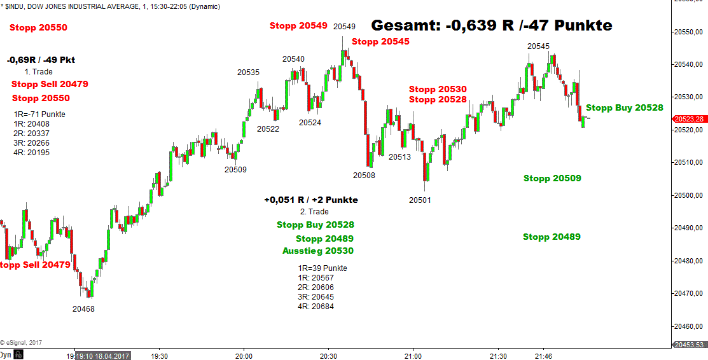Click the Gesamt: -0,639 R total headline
click(x=491, y=25)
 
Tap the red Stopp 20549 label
click(x=298, y=26)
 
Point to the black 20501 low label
click(x=420, y=200)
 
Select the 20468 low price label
click(x=83, y=309)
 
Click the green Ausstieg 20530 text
click(x=317, y=251)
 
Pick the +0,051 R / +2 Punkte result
click(x=311, y=200)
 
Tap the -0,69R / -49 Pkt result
click(x=41, y=60)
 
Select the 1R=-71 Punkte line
click(x=39, y=114)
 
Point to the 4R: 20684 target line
click(x=316, y=307)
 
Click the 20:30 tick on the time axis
click(x=328, y=356)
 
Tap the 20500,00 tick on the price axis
click(x=690, y=195)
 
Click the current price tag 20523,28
click(x=690, y=119)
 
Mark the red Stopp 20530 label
click(x=438, y=90)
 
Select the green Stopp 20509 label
click(x=552, y=179)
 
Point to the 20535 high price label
click(x=248, y=73)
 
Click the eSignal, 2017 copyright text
click(x=21, y=342)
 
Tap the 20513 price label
click(x=399, y=157)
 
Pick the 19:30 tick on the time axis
click(x=160, y=356)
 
